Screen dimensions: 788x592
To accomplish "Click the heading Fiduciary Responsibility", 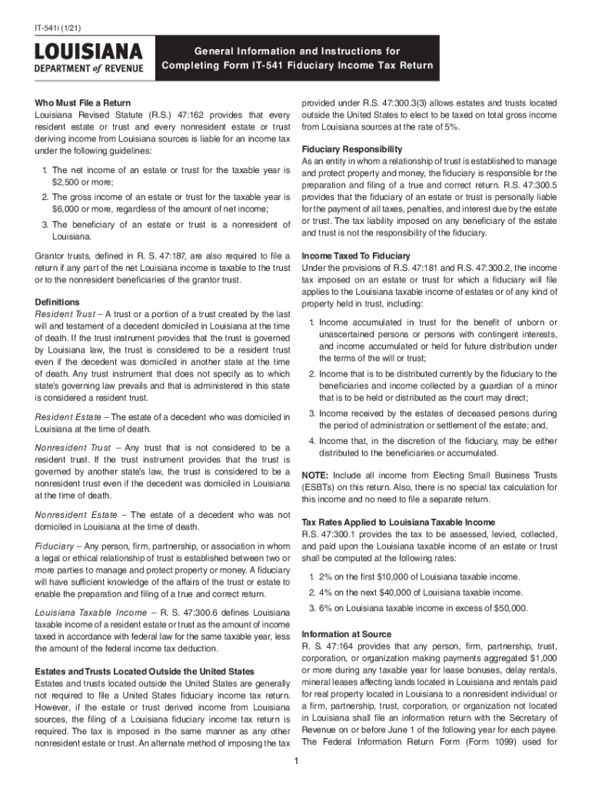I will tap(351, 149).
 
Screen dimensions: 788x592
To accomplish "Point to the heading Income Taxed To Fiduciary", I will tap(356, 255).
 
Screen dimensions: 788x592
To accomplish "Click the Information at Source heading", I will tap(347, 634).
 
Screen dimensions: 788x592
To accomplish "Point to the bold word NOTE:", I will tap(316, 475).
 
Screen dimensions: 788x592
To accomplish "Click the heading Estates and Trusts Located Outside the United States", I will tap(141, 672).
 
